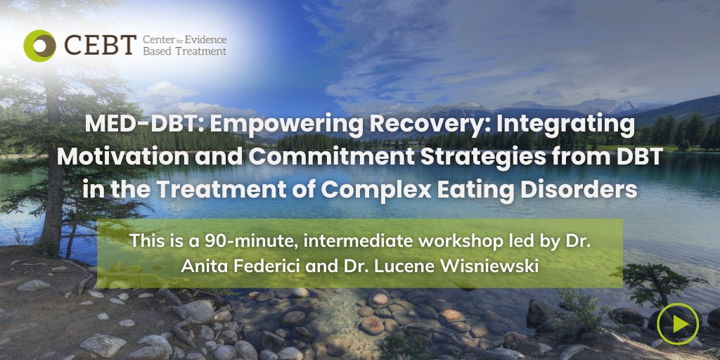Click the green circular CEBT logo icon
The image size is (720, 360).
pyautogui.click(x=39, y=46)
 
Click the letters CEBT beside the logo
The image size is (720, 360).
pyautogui.click(x=100, y=45)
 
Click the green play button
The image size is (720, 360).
pyautogui.click(x=678, y=323)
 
